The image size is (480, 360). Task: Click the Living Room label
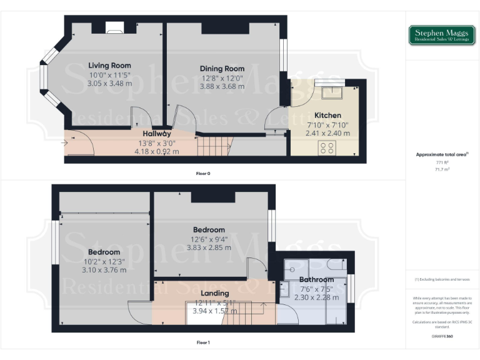coord(109,65)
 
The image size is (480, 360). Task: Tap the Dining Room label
coord(222,68)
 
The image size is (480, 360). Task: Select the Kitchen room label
coord(327,115)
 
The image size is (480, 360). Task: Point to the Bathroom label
coord(316,279)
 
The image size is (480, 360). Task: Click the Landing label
coord(214,292)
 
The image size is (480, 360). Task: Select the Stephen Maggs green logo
coord(442,35)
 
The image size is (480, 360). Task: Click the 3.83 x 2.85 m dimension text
coord(209,247)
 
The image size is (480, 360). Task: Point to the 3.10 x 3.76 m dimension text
coord(104,270)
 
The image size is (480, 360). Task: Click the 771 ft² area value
coord(442,162)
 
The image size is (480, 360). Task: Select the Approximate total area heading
coord(441,154)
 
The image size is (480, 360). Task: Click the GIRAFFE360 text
coord(442,336)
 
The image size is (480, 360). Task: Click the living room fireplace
coord(114,26)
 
